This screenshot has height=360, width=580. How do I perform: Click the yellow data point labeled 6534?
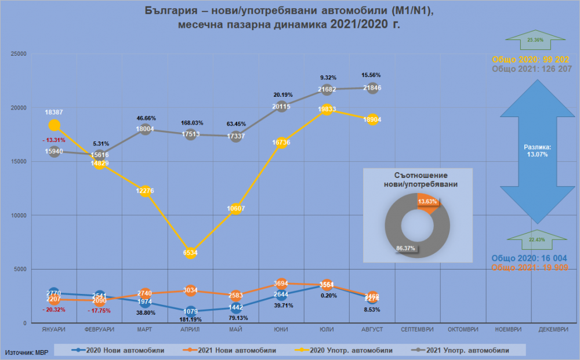coord(190,253)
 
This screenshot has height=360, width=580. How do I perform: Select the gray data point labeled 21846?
coord(372,88)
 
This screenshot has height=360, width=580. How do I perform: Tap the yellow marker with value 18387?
coord(55,125)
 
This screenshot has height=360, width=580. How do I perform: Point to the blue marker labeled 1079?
coord(190,311)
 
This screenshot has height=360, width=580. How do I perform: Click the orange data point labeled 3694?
coord(281,283)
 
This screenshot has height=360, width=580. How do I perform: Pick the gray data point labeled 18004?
coord(145,129)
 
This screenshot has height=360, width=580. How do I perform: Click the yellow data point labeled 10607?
coord(235,209)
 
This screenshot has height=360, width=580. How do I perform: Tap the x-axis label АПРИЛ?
coord(190,329)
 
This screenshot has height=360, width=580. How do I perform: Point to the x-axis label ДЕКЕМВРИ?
coord(554,329)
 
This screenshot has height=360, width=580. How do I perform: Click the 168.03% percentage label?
coord(190,123)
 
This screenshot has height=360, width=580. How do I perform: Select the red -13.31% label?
coord(53,140)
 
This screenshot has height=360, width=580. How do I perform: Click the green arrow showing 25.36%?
coord(535,41)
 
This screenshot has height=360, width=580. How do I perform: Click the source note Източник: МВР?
coord(28,351)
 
